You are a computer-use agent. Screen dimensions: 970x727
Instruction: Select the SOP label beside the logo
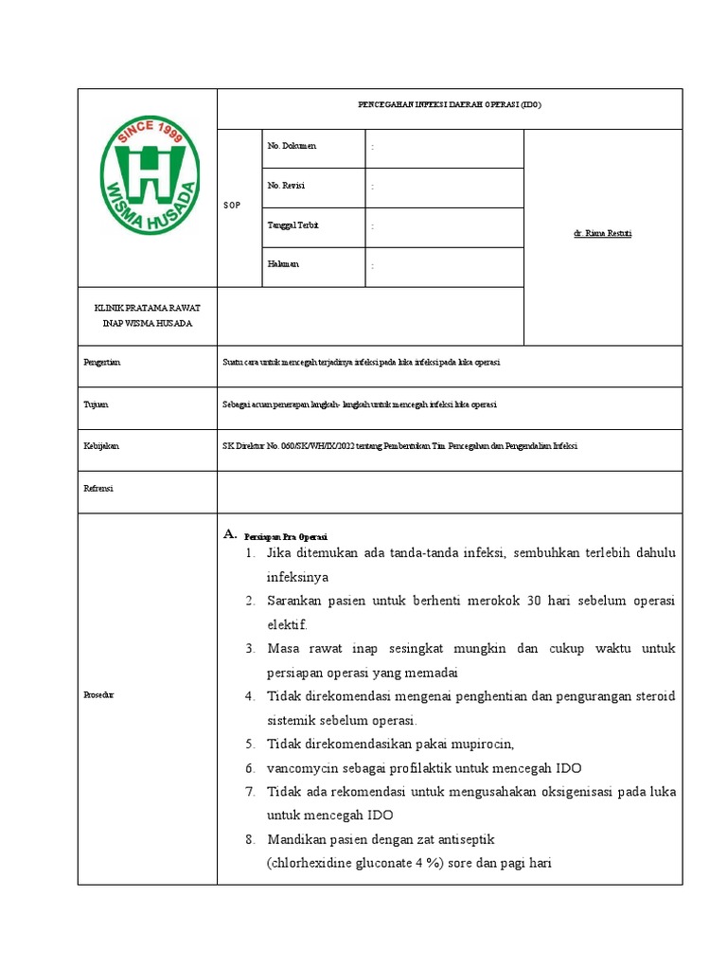(231, 206)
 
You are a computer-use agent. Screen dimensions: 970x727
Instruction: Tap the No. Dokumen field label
(293, 146)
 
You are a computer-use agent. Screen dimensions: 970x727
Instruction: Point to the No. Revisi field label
(286, 186)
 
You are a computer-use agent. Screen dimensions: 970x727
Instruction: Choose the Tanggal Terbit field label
(293, 225)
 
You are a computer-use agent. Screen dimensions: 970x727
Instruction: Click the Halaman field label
(284, 264)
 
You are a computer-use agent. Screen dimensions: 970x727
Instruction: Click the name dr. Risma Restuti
(602, 233)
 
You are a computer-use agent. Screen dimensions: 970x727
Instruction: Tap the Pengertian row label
(102, 363)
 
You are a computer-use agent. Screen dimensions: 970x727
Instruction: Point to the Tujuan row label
(97, 404)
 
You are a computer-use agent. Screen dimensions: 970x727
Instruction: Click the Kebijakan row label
(101, 445)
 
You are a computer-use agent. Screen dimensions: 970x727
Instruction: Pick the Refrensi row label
(99, 488)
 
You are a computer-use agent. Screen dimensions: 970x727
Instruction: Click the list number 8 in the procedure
(250, 839)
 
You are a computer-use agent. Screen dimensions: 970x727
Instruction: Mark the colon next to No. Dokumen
(373, 147)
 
